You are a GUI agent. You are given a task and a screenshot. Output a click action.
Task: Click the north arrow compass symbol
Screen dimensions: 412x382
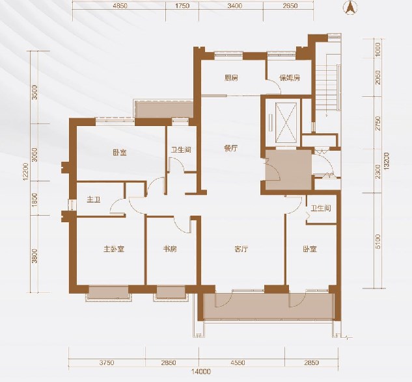click(x=350, y=8)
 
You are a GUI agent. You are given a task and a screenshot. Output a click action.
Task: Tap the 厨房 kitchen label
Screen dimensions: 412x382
click(x=231, y=78)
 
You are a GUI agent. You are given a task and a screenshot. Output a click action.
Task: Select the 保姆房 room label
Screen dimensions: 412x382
click(x=290, y=78)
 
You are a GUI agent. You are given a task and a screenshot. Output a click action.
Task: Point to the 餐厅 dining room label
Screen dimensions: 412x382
click(x=230, y=148)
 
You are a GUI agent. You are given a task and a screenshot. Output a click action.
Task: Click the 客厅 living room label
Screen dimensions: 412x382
click(x=241, y=249)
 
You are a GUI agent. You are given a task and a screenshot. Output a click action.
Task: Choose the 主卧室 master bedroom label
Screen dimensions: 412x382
click(x=114, y=249)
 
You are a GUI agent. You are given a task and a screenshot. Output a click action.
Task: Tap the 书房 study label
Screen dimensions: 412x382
click(x=170, y=249)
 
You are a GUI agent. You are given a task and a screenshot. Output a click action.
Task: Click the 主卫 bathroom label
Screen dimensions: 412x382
click(x=94, y=200)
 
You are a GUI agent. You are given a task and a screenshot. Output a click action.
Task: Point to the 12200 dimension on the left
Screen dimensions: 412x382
click(x=25, y=172)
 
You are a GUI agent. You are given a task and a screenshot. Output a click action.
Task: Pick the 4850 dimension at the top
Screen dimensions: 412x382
click(x=120, y=5)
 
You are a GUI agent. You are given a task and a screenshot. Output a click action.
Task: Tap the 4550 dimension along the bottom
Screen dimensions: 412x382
click(x=238, y=363)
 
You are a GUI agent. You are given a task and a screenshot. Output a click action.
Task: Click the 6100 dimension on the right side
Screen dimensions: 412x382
click(x=378, y=242)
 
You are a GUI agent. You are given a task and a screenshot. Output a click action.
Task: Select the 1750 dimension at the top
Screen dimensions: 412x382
click(x=182, y=5)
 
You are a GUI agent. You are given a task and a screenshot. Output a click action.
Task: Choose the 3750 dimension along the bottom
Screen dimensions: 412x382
click(x=107, y=363)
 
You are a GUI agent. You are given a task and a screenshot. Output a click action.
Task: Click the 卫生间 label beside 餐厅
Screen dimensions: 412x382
click(x=181, y=150)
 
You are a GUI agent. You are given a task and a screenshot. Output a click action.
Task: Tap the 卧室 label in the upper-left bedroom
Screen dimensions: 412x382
click(x=120, y=152)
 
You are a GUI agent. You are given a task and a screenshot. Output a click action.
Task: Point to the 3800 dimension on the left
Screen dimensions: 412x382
click(x=34, y=256)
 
